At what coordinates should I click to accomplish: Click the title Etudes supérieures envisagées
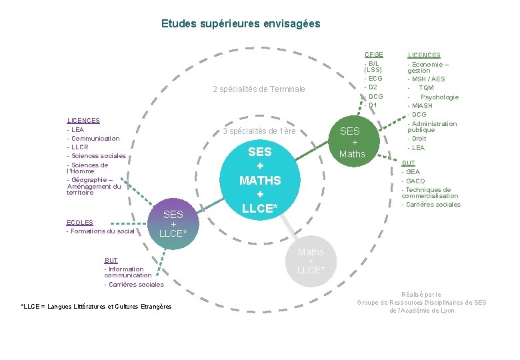tap(241, 23)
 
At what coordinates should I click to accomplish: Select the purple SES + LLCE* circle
tap(173, 223)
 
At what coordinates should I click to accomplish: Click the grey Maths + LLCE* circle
tap(311, 261)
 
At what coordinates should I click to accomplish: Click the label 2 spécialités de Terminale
tap(259, 89)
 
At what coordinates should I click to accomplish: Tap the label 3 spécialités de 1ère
tap(259, 131)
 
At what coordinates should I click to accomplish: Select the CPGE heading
tap(373, 55)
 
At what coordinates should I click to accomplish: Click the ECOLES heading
tap(80, 222)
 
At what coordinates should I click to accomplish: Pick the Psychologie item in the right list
tap(439, 97)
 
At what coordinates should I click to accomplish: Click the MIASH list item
tap(421, 106)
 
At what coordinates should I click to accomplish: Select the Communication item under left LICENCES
tap(95, 139)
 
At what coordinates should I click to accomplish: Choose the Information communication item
tap(127, 272)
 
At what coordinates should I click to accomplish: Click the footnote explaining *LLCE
tap(96, 307)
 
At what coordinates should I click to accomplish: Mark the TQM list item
tap(426, 88)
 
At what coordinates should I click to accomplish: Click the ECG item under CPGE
tap(374, 79)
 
